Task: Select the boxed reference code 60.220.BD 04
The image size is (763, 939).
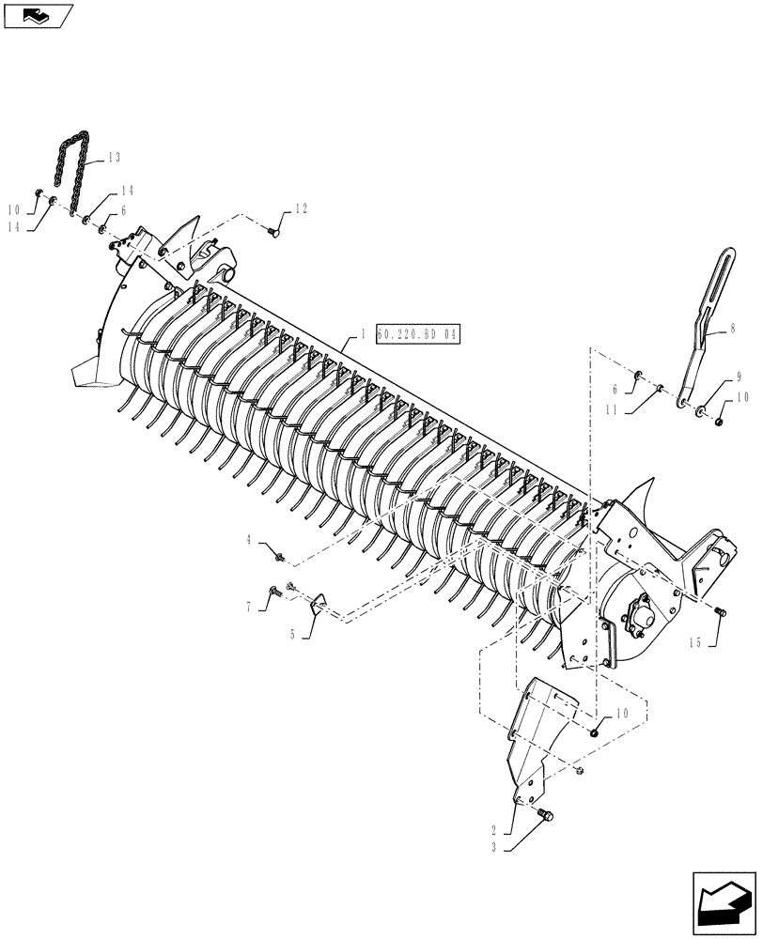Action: (x=419, y=333)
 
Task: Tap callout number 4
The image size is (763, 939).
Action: (x=249, y=539)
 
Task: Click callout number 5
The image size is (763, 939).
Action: (x=293, y=635)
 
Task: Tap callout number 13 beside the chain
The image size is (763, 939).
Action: (x=114, y=157)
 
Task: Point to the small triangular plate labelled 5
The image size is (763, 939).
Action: (x=317, y=601)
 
